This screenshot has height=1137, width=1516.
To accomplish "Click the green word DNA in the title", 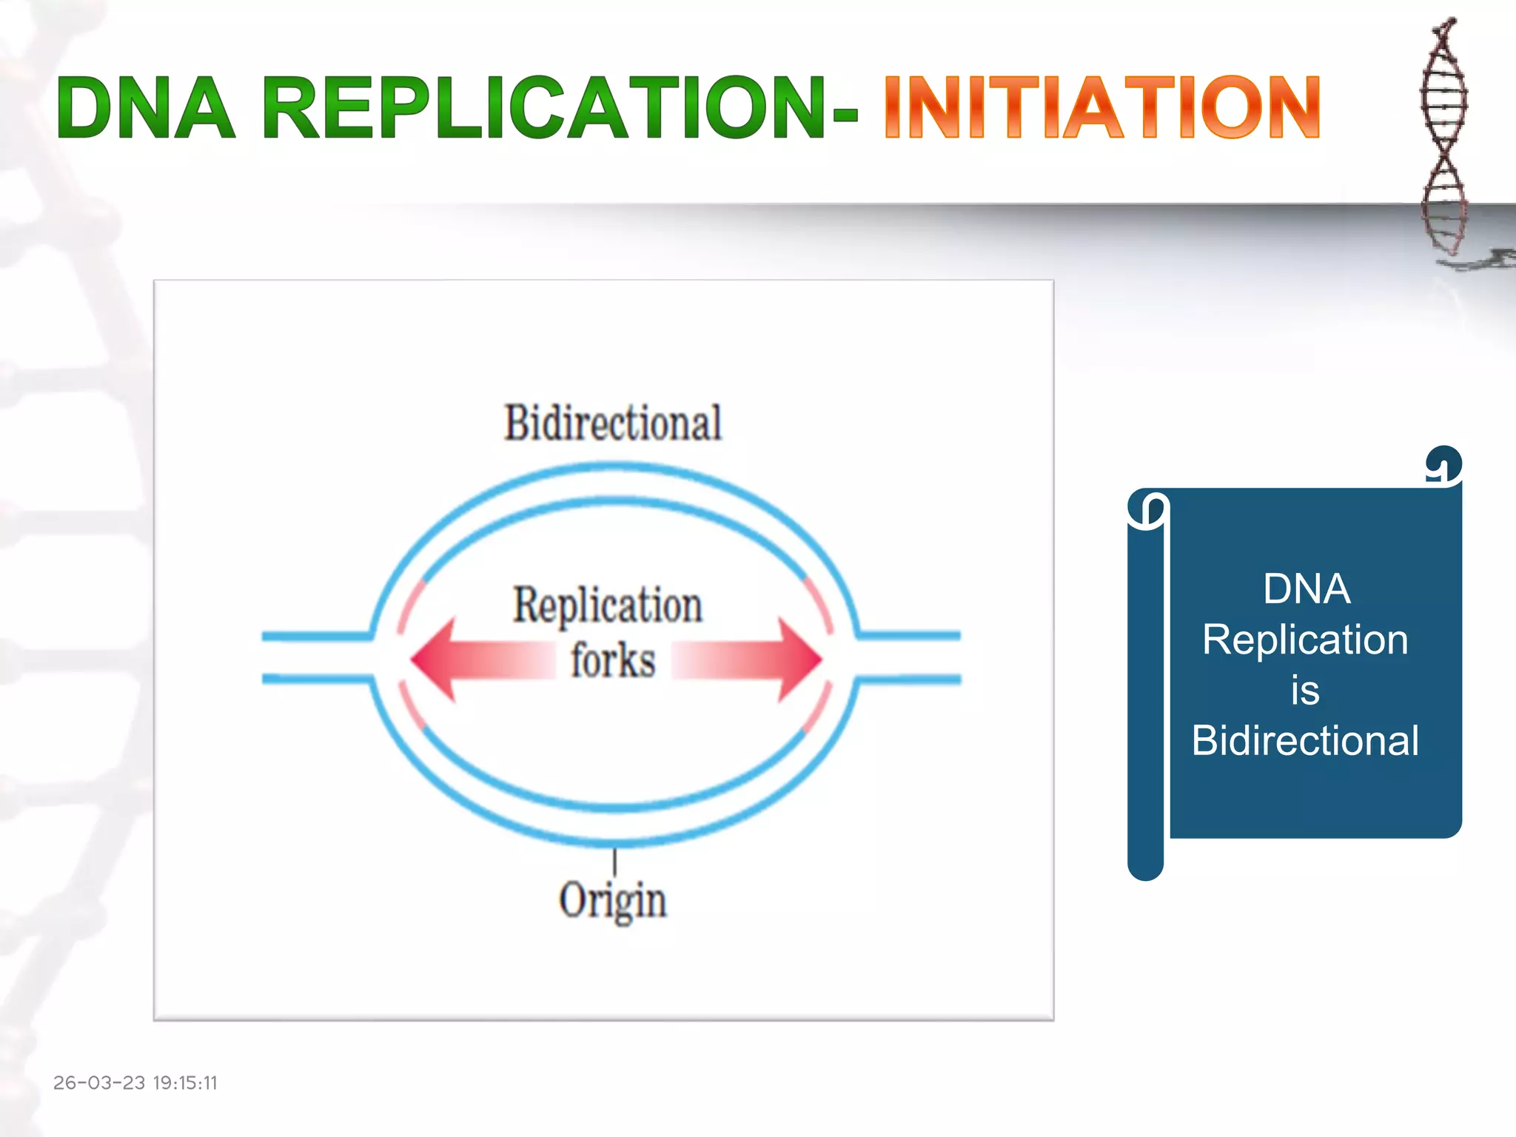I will click(x=146, y=108).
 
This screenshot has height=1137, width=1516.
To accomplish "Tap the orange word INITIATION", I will click(x=1101, y=108).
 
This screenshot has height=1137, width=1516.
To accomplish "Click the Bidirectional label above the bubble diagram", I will click(x=613, y=423).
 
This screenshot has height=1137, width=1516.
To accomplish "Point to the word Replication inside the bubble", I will click(x=608, y=606).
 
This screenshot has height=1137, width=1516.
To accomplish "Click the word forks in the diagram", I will click(x=613, y=660).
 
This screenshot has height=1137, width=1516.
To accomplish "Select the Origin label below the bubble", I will click(x=613, y=901).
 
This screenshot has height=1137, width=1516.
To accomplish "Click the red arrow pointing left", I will click(x=474, y=660).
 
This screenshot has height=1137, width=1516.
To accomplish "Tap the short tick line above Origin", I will click(x=614, y=862).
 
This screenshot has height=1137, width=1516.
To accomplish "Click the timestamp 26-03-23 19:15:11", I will click(x=135, y=1083).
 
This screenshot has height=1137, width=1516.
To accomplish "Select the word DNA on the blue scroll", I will click(x=1307, y=589).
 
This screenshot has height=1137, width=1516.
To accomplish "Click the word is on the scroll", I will click(x=1305, y=691).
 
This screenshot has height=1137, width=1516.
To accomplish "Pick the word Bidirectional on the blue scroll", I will click(x=1305, y=740).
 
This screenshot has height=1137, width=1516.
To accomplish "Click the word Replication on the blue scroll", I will click(x=1305, y=640).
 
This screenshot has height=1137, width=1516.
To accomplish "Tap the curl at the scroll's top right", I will click(x=1443, y=465).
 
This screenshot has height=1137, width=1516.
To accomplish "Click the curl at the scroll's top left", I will click(x=1147, y=509).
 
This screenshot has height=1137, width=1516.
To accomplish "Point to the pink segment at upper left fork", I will click(x=411, y=606).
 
